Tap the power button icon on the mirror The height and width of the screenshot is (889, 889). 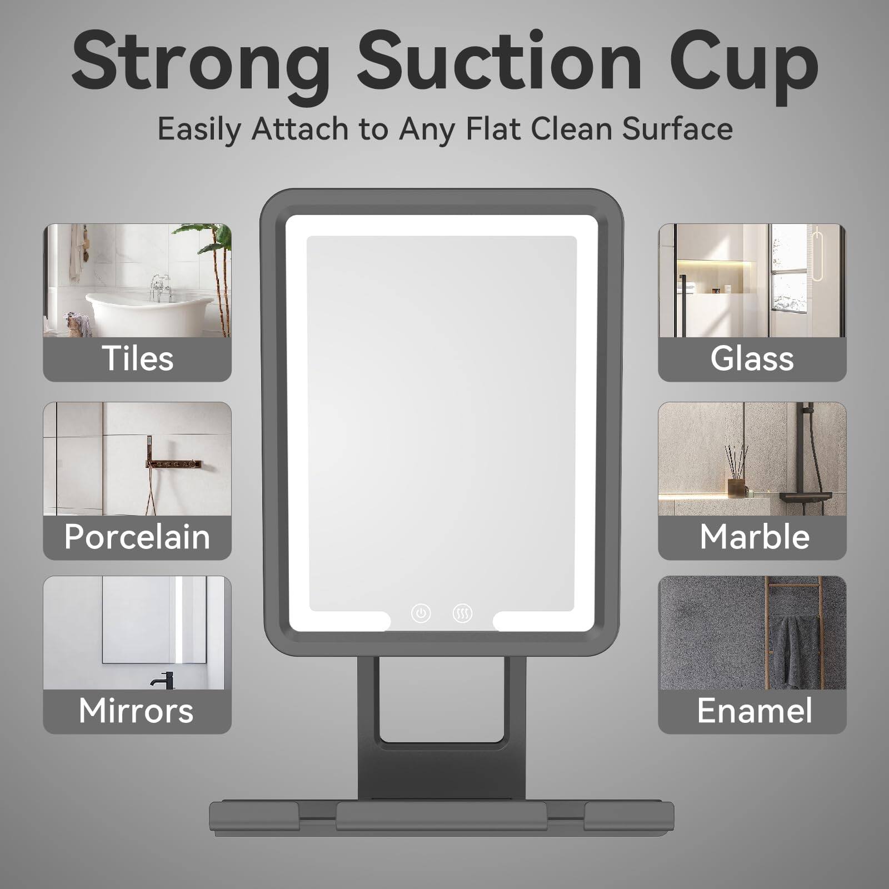(x=421, y=613)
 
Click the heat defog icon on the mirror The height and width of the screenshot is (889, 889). (x=462, y=613)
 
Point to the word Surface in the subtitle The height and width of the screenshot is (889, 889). (x=677, y=129)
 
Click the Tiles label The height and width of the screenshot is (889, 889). (x=137, y=358)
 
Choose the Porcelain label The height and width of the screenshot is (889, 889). (x=137, y=537)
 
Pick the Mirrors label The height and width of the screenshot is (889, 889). (x=136, y=711)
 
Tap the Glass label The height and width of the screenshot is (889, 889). (x=752, y=358)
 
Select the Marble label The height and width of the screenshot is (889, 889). (x=754, y=537)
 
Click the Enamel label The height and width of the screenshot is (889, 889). (x=754, y=711)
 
